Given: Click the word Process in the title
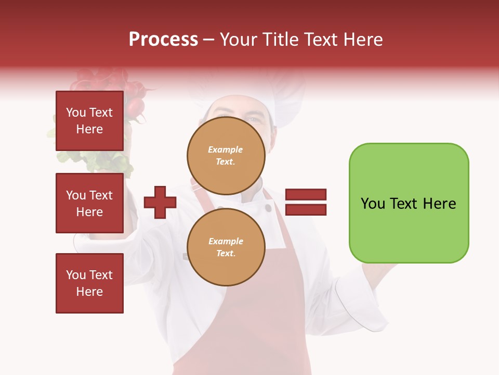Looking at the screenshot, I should coord(163,40).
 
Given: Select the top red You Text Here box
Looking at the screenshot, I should coord(89,121).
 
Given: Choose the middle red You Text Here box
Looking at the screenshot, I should coord(89,203).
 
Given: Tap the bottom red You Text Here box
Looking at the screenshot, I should coord(89,283).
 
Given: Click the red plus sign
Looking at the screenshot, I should coord(160,202).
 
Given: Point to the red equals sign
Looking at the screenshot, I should coord(306,202).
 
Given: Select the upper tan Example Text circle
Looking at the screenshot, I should coord(226,156).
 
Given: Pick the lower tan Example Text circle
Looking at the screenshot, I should coord(226,247).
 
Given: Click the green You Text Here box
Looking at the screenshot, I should coord(409,203).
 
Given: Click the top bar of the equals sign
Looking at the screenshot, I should coord(306,194).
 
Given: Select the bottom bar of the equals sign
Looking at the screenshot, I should coord(306,210).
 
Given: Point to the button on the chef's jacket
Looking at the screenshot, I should coord(268,208).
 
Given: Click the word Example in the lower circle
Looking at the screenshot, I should coord(226,241).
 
